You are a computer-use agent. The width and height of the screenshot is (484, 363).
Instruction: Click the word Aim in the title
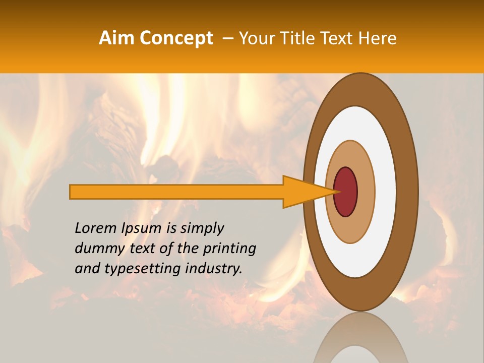point(116,38)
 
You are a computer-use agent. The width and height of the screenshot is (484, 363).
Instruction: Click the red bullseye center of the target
point(346,192)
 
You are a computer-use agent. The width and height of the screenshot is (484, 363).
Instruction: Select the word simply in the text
point(202,228)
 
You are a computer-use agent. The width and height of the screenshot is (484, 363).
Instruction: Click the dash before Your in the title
point(227,39)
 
